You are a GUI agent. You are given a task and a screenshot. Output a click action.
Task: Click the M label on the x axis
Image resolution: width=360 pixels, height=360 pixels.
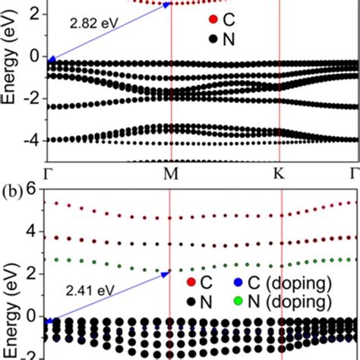coord(171,173)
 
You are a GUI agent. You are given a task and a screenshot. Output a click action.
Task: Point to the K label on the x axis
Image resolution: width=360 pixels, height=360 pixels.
coord(279,173)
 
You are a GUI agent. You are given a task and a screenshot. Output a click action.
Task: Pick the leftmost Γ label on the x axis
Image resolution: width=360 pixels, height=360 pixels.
coord(48,173)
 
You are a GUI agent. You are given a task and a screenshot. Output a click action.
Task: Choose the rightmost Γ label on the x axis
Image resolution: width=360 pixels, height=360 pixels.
coord(352,173)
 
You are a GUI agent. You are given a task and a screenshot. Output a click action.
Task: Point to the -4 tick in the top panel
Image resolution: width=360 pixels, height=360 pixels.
coord(32,140)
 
